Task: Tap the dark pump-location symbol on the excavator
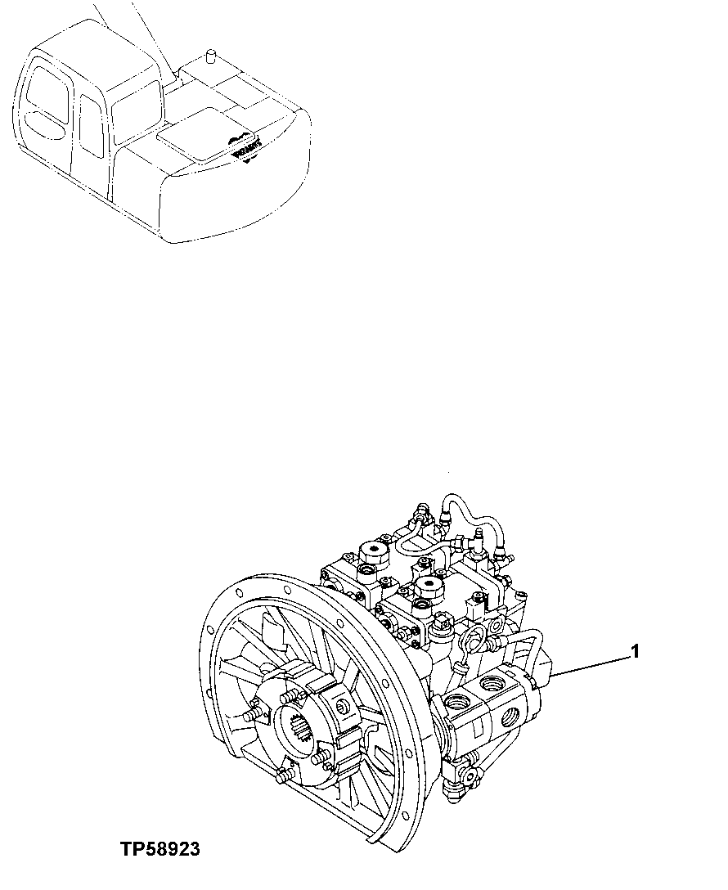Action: point(245,150)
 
